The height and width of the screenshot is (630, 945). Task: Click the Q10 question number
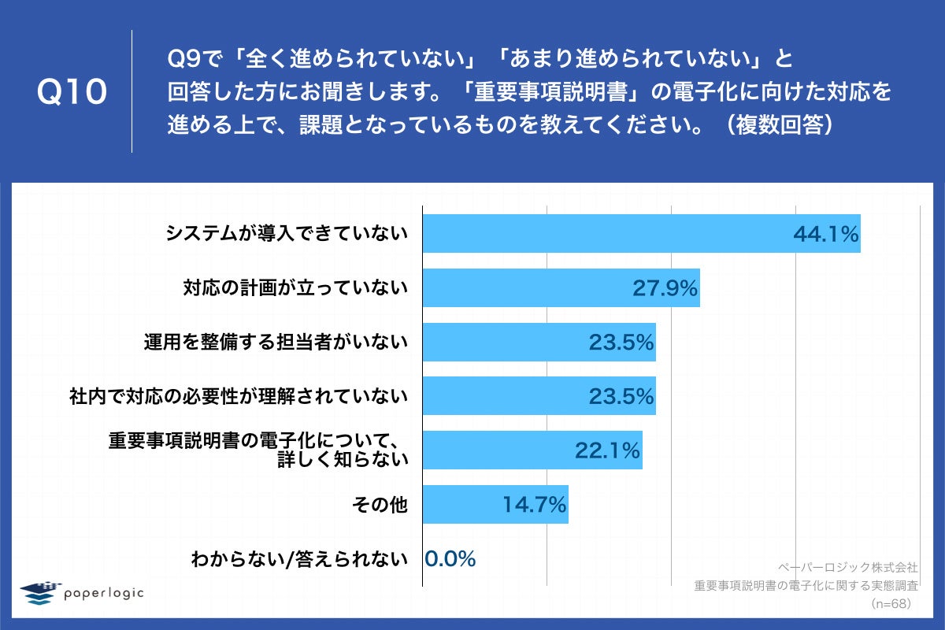(72, 92)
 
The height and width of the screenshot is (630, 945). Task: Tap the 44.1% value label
(825, 234)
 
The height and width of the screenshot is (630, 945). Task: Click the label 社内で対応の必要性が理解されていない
(239, 396)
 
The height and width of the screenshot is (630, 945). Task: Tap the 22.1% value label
(607, 450)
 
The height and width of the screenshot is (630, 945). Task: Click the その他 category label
(381, 505)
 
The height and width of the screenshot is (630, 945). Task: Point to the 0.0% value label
(450, 559)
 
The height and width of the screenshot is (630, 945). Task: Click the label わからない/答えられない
(300, 559)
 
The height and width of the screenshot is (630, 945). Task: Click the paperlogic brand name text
(104, 593)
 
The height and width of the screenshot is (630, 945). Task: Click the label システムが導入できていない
(287, 234)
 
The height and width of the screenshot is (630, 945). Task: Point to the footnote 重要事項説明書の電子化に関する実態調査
(806, 585)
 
